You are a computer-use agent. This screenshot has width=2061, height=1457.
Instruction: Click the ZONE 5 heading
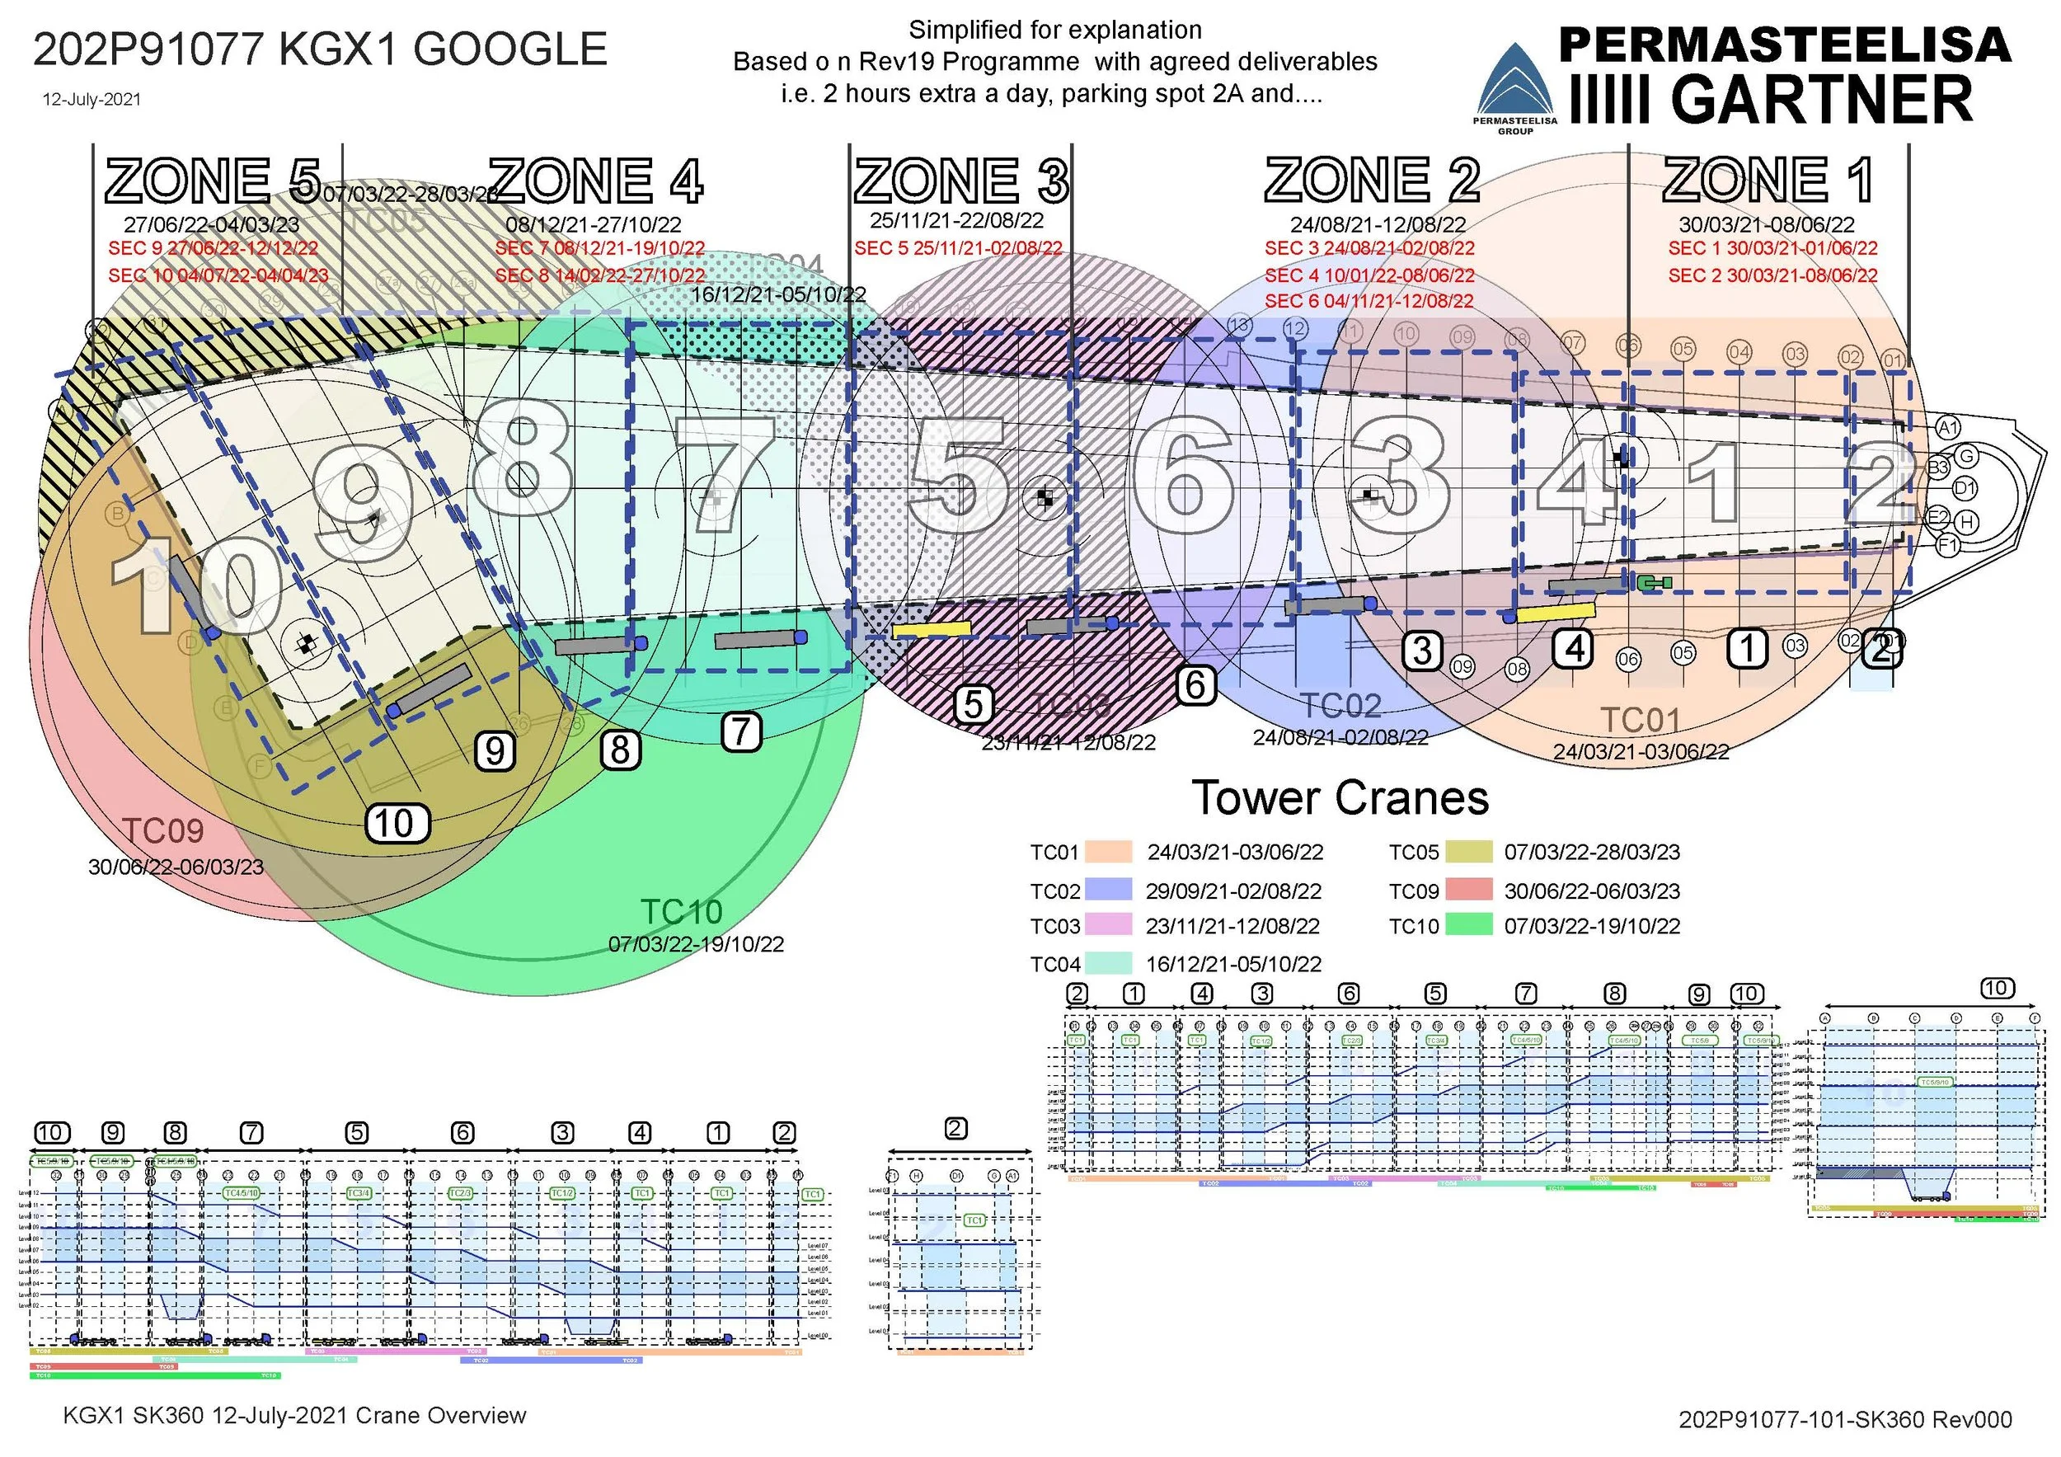(213, 181)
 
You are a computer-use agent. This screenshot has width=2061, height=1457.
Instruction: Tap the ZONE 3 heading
(960, 181)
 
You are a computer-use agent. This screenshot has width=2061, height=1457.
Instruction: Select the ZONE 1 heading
(1768, 181)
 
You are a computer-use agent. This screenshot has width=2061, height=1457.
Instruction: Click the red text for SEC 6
(1369, 302)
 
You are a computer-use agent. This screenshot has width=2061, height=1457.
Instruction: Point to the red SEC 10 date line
(218, 275)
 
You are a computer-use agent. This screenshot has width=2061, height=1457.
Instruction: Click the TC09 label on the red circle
(162, 831)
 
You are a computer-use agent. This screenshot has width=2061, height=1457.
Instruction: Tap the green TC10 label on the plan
(681, 912)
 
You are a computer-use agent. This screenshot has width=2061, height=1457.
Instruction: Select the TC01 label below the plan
(1640, 720)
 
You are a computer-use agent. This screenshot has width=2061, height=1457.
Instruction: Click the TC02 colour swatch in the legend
(1108, 890)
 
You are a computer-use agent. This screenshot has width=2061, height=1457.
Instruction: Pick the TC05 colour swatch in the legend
(1468, 851)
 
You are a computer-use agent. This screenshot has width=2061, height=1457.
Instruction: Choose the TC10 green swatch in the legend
(1468, 924)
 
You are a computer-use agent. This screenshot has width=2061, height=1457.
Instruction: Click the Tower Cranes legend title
(1340, 797)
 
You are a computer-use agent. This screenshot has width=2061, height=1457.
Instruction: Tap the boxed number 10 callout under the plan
(397, 823)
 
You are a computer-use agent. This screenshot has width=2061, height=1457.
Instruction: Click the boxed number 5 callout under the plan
(973, 705)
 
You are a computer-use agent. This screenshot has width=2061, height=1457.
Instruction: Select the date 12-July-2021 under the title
(92, 100)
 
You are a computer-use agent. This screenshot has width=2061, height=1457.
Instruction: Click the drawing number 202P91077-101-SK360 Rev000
(1845, 1419)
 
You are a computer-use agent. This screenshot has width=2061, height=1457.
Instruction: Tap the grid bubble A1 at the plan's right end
(1947, 427)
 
